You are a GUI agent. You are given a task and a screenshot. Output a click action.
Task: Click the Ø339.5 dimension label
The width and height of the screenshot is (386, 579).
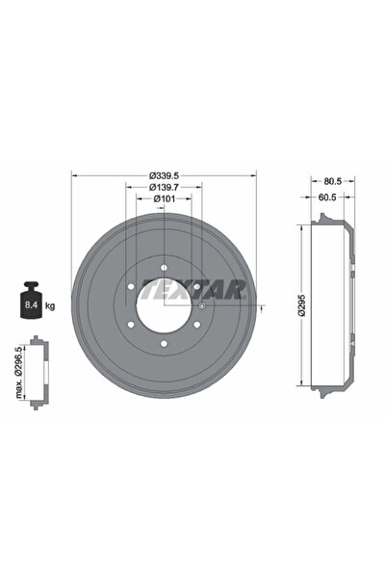tap(164, 175)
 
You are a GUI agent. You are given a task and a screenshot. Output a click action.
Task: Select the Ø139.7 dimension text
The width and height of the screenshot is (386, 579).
tap(164, 187)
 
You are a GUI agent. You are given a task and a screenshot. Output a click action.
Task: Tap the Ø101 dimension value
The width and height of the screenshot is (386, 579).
tap(165, 199)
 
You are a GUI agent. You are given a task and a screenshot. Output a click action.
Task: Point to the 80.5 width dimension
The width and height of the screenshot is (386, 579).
tap(333, 181)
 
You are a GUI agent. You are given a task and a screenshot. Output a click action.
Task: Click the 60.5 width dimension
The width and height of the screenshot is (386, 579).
tap(327, 197)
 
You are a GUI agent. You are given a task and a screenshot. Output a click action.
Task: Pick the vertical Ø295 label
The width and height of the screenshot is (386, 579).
tap(302, 305)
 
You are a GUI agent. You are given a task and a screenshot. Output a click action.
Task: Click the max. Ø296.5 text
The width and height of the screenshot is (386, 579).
tap(19, 372)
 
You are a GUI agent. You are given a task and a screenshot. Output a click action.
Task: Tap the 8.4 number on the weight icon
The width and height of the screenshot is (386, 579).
tap(31, 305)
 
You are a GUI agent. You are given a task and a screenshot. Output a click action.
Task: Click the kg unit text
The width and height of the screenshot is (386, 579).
tap(50, 305)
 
